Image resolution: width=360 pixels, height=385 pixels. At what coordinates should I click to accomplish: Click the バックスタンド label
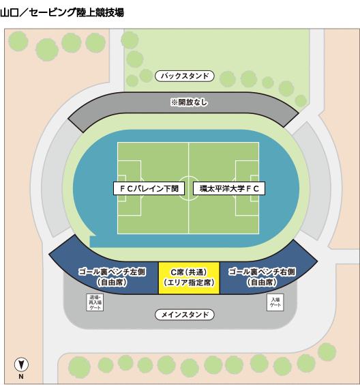[x=185, y=76]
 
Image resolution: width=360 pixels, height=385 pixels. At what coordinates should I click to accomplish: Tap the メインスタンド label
[x=185, y=315]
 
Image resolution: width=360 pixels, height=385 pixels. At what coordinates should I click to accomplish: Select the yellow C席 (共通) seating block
[x=189, y=278]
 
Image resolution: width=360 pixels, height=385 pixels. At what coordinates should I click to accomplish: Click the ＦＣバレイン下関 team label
[x=149, y=188]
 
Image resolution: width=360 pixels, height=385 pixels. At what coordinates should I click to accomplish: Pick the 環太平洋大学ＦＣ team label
[x=229, y=188]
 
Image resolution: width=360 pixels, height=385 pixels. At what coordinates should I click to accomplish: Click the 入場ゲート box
[x=275, y=302]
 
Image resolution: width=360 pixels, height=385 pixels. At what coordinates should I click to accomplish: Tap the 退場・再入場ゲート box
[x=95, y=302]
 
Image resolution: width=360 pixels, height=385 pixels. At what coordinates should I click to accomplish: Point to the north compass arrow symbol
[x=21, y=365]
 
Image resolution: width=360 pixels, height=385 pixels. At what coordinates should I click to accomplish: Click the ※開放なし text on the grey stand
[x=189, y=102]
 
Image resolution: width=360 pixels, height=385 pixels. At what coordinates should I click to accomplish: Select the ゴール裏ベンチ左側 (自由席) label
[x=112, y=277]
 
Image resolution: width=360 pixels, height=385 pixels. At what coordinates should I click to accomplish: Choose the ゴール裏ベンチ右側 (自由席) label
[x=262, y=277]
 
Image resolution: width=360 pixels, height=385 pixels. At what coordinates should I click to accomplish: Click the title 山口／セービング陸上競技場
[x=62, y=12]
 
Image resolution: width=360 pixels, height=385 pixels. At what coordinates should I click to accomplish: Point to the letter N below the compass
[x=21, y=376]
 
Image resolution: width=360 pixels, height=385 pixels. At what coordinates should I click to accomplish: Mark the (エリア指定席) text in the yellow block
[x=189, y=283]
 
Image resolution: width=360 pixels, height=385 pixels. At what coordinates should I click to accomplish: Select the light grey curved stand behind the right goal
[x=313, y=182]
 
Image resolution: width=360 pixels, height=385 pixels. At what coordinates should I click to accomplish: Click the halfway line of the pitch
[x=188, y=188]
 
